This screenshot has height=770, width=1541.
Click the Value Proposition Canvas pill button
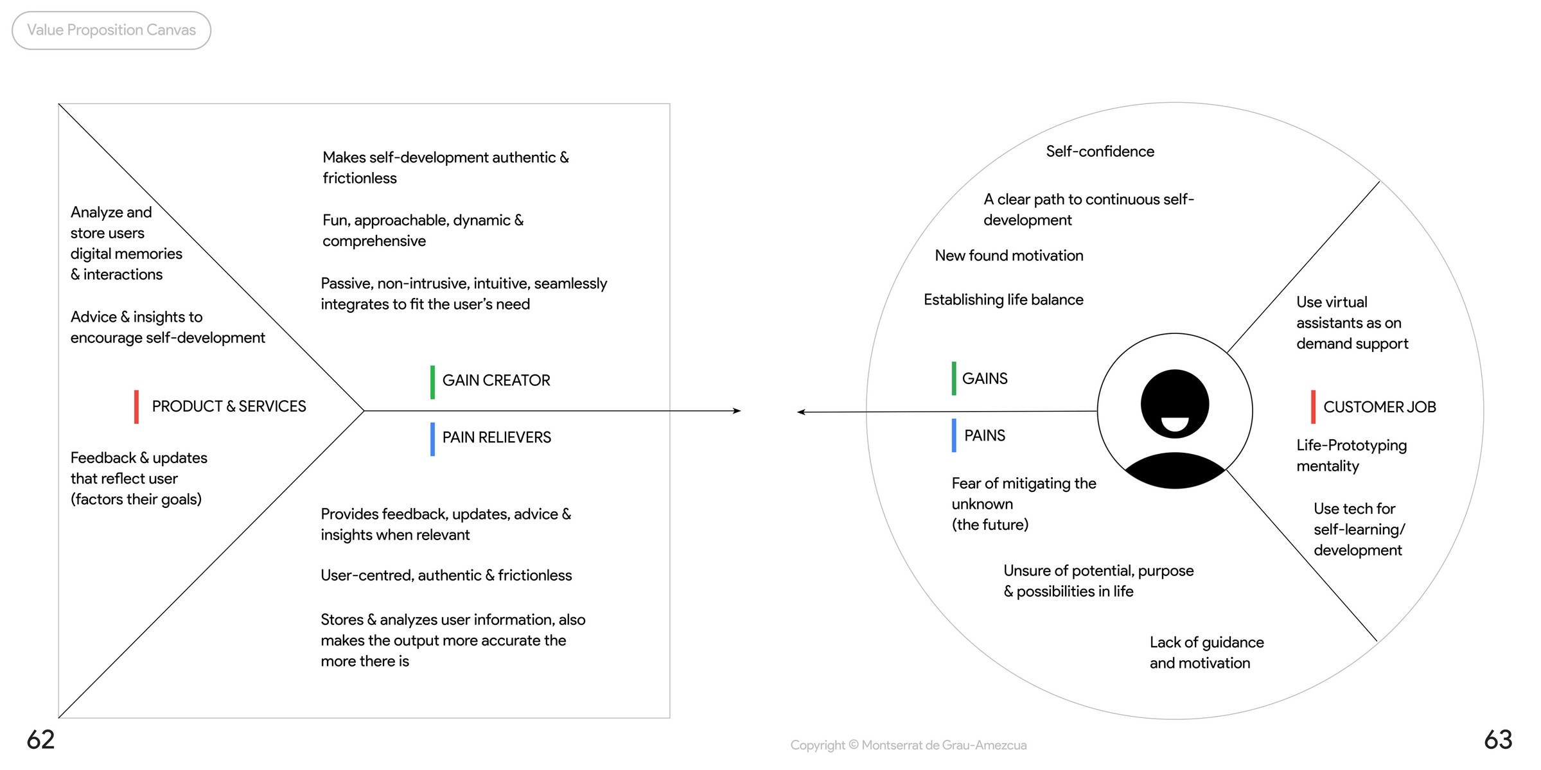pyautogui.click(x=111, y=30)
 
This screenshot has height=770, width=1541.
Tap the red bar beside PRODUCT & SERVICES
pyautogui.click(x=136, y=407)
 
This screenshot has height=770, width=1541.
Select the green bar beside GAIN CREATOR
pyautogui.click(x=432, y=382)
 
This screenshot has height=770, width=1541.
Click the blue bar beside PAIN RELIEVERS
pyautogui.click(x=432, y=439)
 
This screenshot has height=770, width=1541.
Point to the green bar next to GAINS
pyautogui.click(x=954, y=378)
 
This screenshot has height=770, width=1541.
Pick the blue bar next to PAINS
pyautogui.click(x=954, y=435)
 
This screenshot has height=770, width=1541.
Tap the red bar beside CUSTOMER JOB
pyautogui.click(x=1313, y=407)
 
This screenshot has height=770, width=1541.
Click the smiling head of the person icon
pyautogui.click(x=1175, y=404)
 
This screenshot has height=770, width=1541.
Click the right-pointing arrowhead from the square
pyautogui.click(x=737, y=411)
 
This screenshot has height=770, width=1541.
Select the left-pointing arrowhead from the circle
pyautogui.click(x=801, y=412)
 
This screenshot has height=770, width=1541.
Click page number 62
pyautogui.click(x=40, y=740)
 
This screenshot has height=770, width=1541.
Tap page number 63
pyautogui.click(x=1498, y=740)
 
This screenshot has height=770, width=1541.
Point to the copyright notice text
pyautogui.click(x=908, y=745)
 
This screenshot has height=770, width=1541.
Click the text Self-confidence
pyautogui.click(x=1100, y=152)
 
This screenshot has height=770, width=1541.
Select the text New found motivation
pyautogui.click(x=1008, y=256)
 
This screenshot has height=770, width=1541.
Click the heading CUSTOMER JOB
pyautogui.click(x=1379, y=407)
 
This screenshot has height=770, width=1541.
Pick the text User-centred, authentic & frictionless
pyautogui.click(x=446, y=575)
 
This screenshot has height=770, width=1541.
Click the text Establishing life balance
pyautogui.click(x=1003, y=300)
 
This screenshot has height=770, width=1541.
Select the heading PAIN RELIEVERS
pyautogui.click(x=497, y=437)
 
